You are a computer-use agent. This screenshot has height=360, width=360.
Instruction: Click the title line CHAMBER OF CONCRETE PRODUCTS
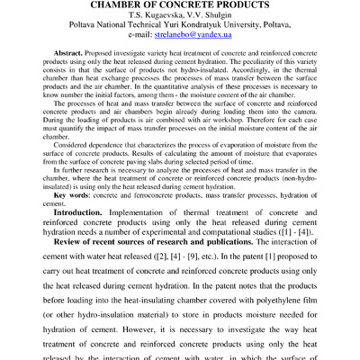[x=180, y=6]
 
